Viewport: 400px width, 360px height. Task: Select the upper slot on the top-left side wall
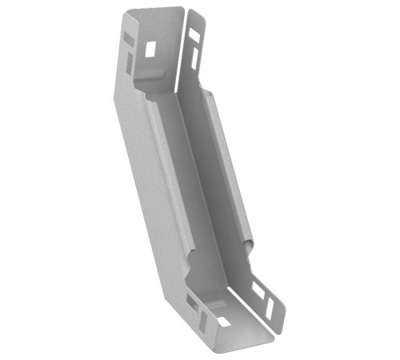click(128, 37)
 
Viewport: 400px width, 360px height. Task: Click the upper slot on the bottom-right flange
click(258, 287)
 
